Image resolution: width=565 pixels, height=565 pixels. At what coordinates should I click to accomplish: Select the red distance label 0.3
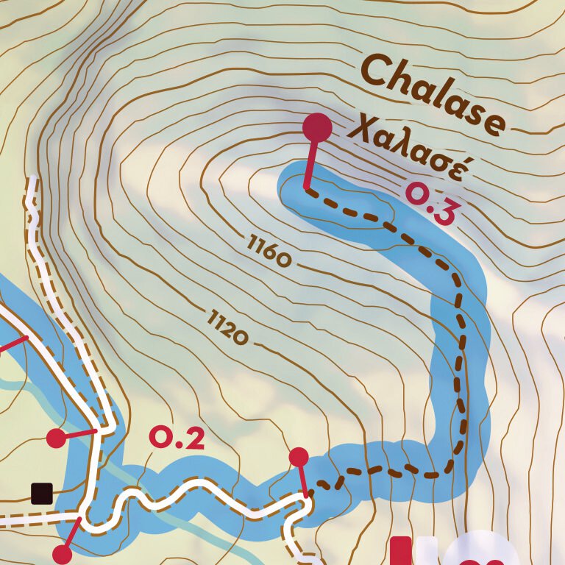[433, 205]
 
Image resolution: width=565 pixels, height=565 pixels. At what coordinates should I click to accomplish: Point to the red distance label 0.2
[176, 438]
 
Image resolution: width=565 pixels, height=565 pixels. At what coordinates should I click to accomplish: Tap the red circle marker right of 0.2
[299, 457]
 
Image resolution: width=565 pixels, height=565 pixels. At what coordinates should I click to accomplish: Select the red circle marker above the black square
[56, 438]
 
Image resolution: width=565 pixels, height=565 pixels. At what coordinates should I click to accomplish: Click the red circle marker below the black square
[63, 553]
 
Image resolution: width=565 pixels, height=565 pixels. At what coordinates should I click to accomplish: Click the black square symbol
[42, 492]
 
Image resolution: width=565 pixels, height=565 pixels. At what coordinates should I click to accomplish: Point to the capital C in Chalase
[378, 71]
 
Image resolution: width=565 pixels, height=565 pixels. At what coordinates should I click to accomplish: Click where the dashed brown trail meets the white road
[308, 496]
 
